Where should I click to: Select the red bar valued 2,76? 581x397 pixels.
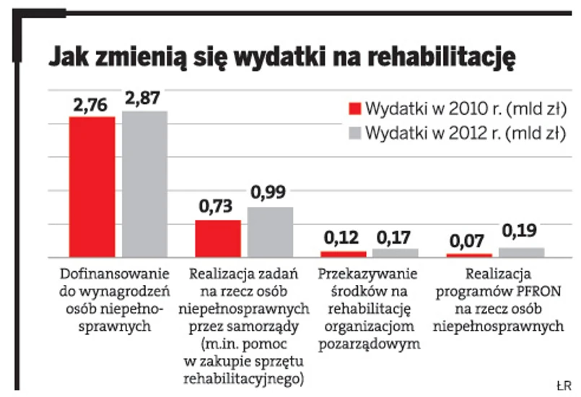[92, 187]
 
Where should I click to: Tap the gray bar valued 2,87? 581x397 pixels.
[144, 184]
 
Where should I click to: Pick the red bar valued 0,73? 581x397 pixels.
[218, 239]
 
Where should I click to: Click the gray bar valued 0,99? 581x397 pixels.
[271, 232]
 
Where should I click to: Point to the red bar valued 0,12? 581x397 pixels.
[344, 254]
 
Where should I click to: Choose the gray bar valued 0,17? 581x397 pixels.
[396, 253]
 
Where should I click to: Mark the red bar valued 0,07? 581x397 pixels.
[469, 255]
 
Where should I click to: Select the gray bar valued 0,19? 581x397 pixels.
[521, 252]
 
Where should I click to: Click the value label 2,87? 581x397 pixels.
[144, 100]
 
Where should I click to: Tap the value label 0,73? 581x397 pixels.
[217, 207]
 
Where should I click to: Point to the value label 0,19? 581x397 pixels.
[521, 232]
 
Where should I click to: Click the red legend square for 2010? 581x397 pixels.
[354, 108]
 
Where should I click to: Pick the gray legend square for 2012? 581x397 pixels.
[354, 132]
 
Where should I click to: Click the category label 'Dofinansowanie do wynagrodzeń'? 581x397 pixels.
[113, 283]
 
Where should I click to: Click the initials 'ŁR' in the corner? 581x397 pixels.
[563, 383]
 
